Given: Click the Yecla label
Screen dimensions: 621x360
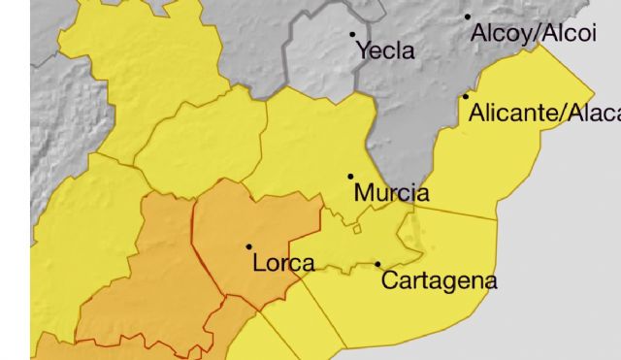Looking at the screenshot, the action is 386,51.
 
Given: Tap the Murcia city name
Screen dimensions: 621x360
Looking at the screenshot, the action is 391,193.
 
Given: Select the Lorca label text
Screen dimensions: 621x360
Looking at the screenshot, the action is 283,263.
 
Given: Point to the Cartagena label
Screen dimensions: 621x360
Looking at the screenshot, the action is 440,281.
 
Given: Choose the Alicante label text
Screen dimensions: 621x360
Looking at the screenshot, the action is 543,114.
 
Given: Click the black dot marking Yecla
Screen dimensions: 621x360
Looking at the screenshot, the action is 353,34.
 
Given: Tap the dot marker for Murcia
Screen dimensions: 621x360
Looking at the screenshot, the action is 351,177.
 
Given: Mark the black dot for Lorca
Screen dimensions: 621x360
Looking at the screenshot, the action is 249,246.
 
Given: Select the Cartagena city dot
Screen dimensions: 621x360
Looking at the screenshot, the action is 378,264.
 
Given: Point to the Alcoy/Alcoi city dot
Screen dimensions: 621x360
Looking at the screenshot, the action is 467,16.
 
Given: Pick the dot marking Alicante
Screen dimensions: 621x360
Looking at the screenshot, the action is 466,96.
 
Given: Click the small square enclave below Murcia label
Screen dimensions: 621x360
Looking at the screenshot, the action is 357,229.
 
